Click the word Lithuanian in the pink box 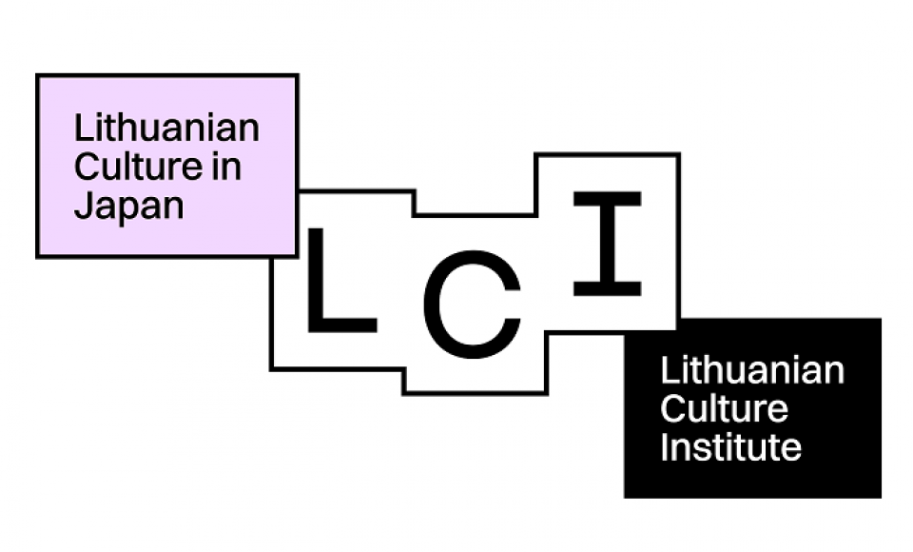(x=166, y=128)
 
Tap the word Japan (x=128, y=207)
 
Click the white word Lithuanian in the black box (x=752, y=370)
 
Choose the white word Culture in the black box (x=725, y=408)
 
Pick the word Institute (x=730, y=447)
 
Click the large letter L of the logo (x=341, y=281)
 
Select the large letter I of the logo (x=608, y=243)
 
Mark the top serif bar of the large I (x=608, y=198)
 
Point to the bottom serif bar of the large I (x=608, y=288)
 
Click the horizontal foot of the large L (x=341, y=325)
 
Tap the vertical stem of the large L (x=316, y=281)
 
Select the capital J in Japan (x=84, y=206)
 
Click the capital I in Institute (x=665, y=447)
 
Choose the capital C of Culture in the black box (x=673, y=408)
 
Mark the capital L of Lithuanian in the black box (x=670, y=370)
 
